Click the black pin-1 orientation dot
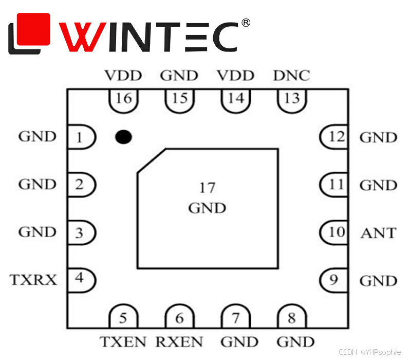(x=123, y=137)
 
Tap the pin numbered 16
(x=124, y=99)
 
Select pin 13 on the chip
(x=292, y=99)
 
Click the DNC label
(x=291, y=76)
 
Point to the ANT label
(x=379, y=233)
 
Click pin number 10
(x=335, y=232)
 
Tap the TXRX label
(x=33, y=280)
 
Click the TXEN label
(x=123, y=341)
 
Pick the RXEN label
(x=179, y=341)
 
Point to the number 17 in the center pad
(x=207, y=188)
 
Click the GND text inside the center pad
(x=207, y=208)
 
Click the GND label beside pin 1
(x=37, y=137)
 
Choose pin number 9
(x=334, y=280)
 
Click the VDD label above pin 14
(x=235, y=76)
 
